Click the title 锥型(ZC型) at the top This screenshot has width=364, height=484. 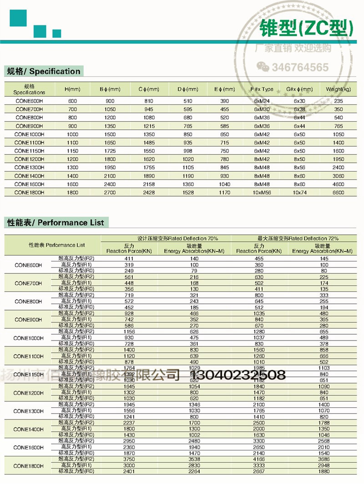306,28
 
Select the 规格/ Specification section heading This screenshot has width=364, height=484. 43,71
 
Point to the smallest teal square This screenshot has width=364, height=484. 56,33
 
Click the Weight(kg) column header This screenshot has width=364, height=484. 338,89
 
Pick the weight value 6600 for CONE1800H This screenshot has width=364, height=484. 338,193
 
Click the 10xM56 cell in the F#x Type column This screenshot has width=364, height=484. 262,193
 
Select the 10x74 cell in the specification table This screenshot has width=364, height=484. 299,193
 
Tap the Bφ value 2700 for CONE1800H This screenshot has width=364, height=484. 110,193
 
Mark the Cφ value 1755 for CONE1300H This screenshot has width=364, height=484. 148,168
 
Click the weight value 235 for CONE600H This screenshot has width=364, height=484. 338,101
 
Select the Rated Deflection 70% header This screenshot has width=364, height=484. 177,238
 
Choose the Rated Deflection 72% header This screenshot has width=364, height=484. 298,238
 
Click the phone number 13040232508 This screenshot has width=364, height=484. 239,375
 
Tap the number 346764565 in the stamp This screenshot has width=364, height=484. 300,68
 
